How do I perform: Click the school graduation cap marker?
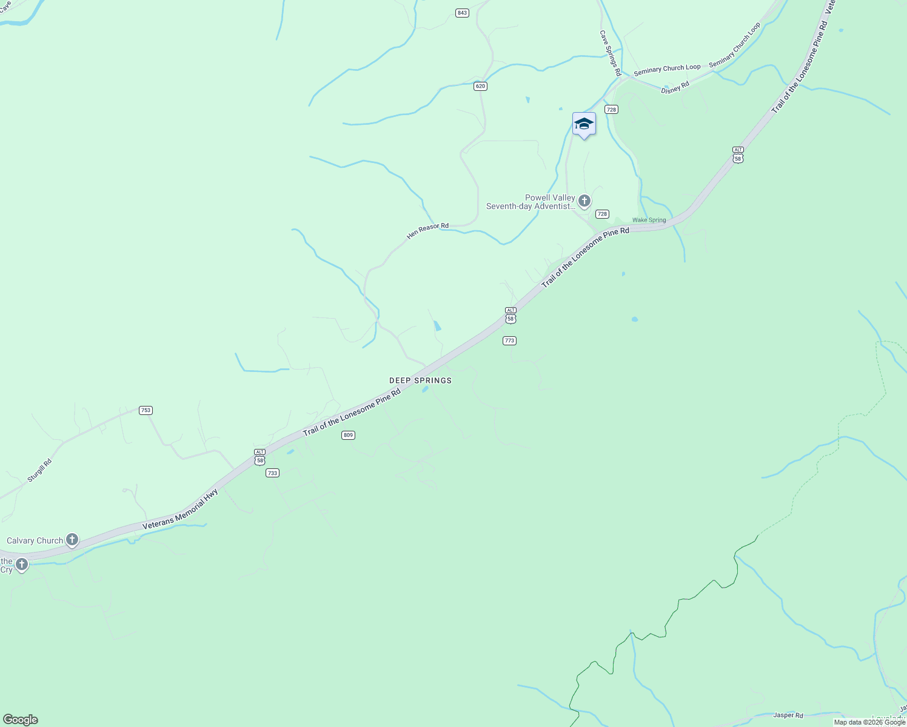tap(584, 124)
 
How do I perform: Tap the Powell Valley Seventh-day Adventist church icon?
tap(584, 201)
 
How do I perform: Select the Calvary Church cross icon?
tap(72, 540)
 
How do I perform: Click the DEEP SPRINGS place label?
tap(420, 380)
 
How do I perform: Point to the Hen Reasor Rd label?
tap(427, 230)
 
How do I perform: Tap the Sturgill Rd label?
tap(39, 471)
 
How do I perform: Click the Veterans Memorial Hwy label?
tap(180, 510)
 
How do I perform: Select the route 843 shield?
tap(463, 13)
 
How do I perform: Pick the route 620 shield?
tap(480, 86)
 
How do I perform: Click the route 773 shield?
tap(509, 340)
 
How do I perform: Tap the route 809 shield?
tap(348, 435)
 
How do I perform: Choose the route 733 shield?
tap(272, 473)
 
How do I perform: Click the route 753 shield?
tap(146, 410)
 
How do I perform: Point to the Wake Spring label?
tap(649, 220)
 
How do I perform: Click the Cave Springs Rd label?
tap(611, 53)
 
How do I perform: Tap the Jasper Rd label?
tap(788, 715)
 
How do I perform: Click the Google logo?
tap(21, 720)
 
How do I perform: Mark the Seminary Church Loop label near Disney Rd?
tap(667, 70)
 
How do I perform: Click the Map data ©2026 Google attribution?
tap(869, 722)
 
